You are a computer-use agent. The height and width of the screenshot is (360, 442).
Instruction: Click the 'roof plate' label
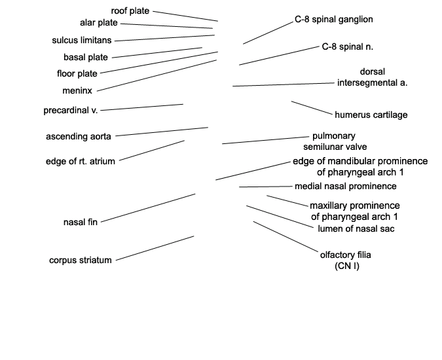click(x=130, y=11)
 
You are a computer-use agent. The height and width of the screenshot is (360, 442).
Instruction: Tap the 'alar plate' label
click(x=99, y=23)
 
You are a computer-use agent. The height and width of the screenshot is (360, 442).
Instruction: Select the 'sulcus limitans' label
click(x=82, y=41)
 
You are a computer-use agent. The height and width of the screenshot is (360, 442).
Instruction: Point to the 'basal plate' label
click(x=86, y=57)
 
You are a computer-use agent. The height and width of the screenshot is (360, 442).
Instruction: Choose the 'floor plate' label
click(x=77, y=73)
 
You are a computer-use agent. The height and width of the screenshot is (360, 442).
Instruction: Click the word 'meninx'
click(x=77, y=91)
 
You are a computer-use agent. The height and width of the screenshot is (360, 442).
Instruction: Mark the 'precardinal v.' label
click(x=71, y=111)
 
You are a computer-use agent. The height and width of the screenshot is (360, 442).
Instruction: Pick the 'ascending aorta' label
click(x=79, y=136)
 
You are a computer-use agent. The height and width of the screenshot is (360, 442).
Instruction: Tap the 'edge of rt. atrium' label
click(x=81, y=162)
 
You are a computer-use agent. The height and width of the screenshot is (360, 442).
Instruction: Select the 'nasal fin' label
click(x=81, y=223)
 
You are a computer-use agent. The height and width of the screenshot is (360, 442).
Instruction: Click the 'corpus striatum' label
click(x=81, y=260)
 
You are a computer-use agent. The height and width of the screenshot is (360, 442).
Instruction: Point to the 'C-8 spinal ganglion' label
click(x=334, y=20)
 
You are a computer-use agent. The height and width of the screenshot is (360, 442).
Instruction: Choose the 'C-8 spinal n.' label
click(x=348, y=46)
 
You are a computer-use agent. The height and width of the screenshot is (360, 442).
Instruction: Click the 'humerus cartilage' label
click(x=371, y=115)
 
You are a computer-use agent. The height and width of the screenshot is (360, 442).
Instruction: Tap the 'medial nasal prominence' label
click(x=346, y=186)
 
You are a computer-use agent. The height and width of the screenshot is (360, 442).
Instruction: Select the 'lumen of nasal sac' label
click(x=356, y=228)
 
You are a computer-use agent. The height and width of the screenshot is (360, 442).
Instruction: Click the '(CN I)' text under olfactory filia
click(x=347, y=266)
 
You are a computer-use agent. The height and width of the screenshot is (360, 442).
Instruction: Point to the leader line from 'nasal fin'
click(x=148, y=208)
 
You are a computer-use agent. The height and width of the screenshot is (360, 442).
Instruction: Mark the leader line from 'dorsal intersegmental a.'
click(x=284, y=84)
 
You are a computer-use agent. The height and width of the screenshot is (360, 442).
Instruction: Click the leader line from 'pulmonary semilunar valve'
click(x=266, y=140)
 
